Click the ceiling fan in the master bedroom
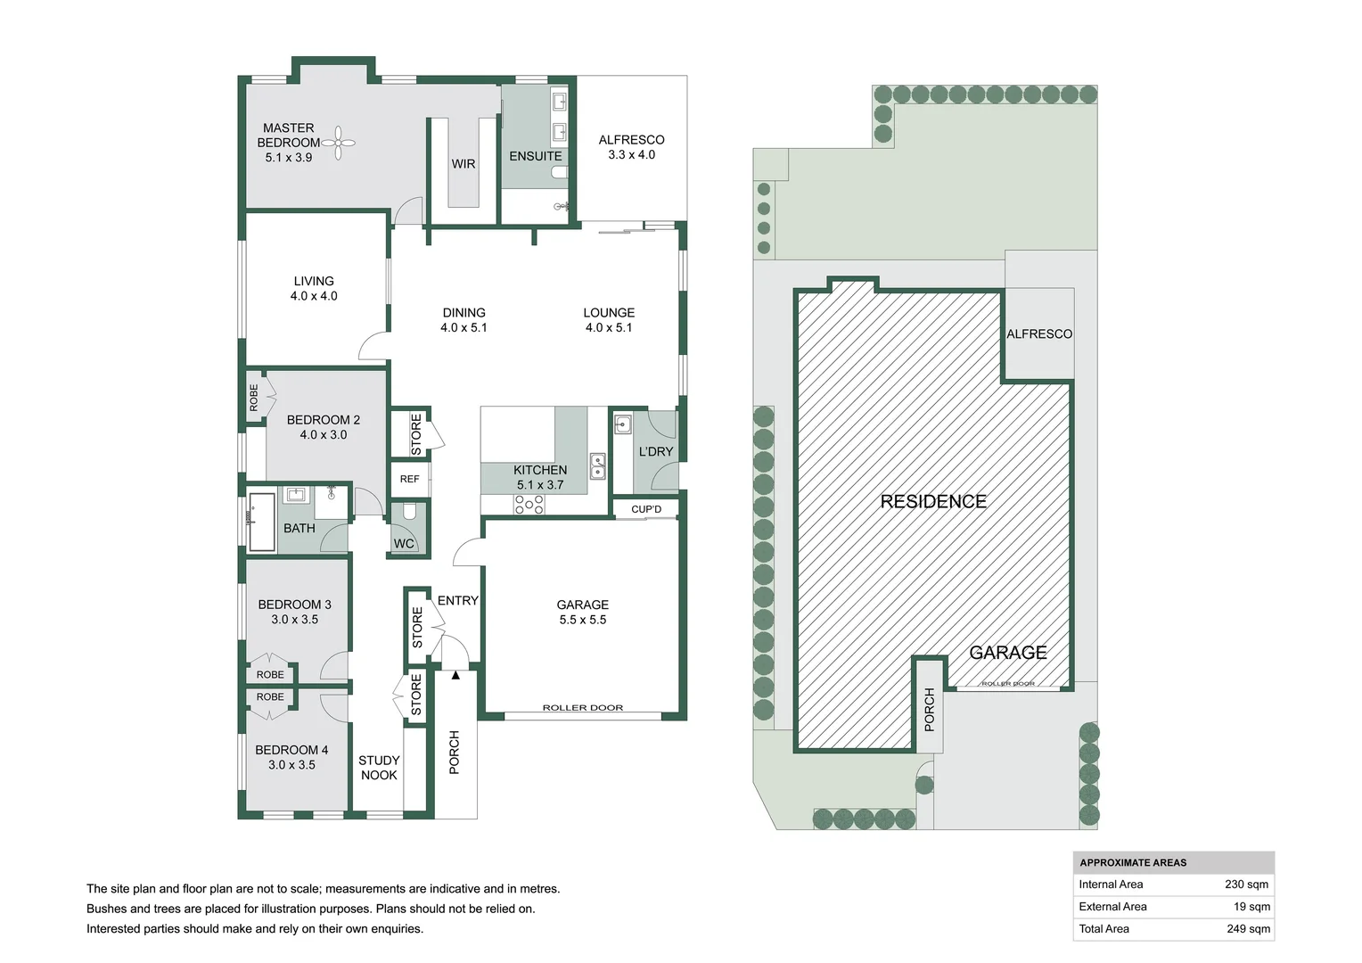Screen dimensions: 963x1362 pyautogui.click(x=339, y=143)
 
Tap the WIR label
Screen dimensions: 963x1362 pyautogui.click(x=463, y=164)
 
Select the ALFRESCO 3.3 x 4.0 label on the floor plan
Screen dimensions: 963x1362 pyautogui.click(x=631, y=147)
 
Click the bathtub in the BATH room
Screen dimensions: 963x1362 pyautogui.click(x=262, y=522)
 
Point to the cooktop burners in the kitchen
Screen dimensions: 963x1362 pyautogui.click(x=529, y=505)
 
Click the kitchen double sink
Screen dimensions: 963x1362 pyautogui.click(x=597, y=466)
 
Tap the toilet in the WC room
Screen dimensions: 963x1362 pyautogui.click(x=408, y=513)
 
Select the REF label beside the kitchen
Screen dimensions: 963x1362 pyautogui.click(x=409, y=479)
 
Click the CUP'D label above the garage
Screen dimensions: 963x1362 pyautogui.click(x=646, y=509)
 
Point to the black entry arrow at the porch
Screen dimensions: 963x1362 pyautogui.click(x=455, y=675)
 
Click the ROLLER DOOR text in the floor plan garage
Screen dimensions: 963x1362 pyautogui.click(x=583, y=708)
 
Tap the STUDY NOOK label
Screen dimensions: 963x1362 pyautogui.click(x=379, y=768)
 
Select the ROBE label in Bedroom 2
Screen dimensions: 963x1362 pyautogui.click(x=254, y=398)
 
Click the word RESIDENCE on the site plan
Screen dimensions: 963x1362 pyautogui.click(x=933, y=502)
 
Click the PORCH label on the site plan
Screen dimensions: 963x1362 pyautogui.click(x=929, y=709)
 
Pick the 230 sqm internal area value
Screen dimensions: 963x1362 pyautogui.click(x=1246, y=885)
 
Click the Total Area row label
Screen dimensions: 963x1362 pyautogui.click(x=1104, y=929)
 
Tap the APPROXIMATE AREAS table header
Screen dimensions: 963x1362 pyautogui.click(x=1133, y=862)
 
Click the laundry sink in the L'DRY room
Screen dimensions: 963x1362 pyautogui.click(x=622, y=424)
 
